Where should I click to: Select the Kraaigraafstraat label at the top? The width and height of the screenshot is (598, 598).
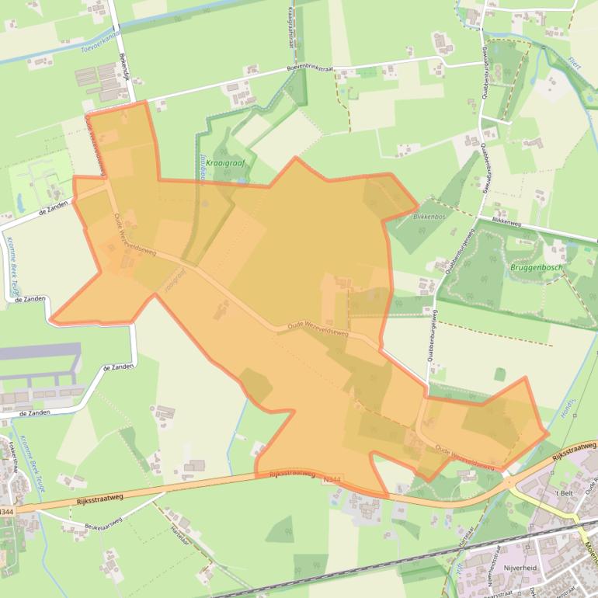click(x=291, y=27)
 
